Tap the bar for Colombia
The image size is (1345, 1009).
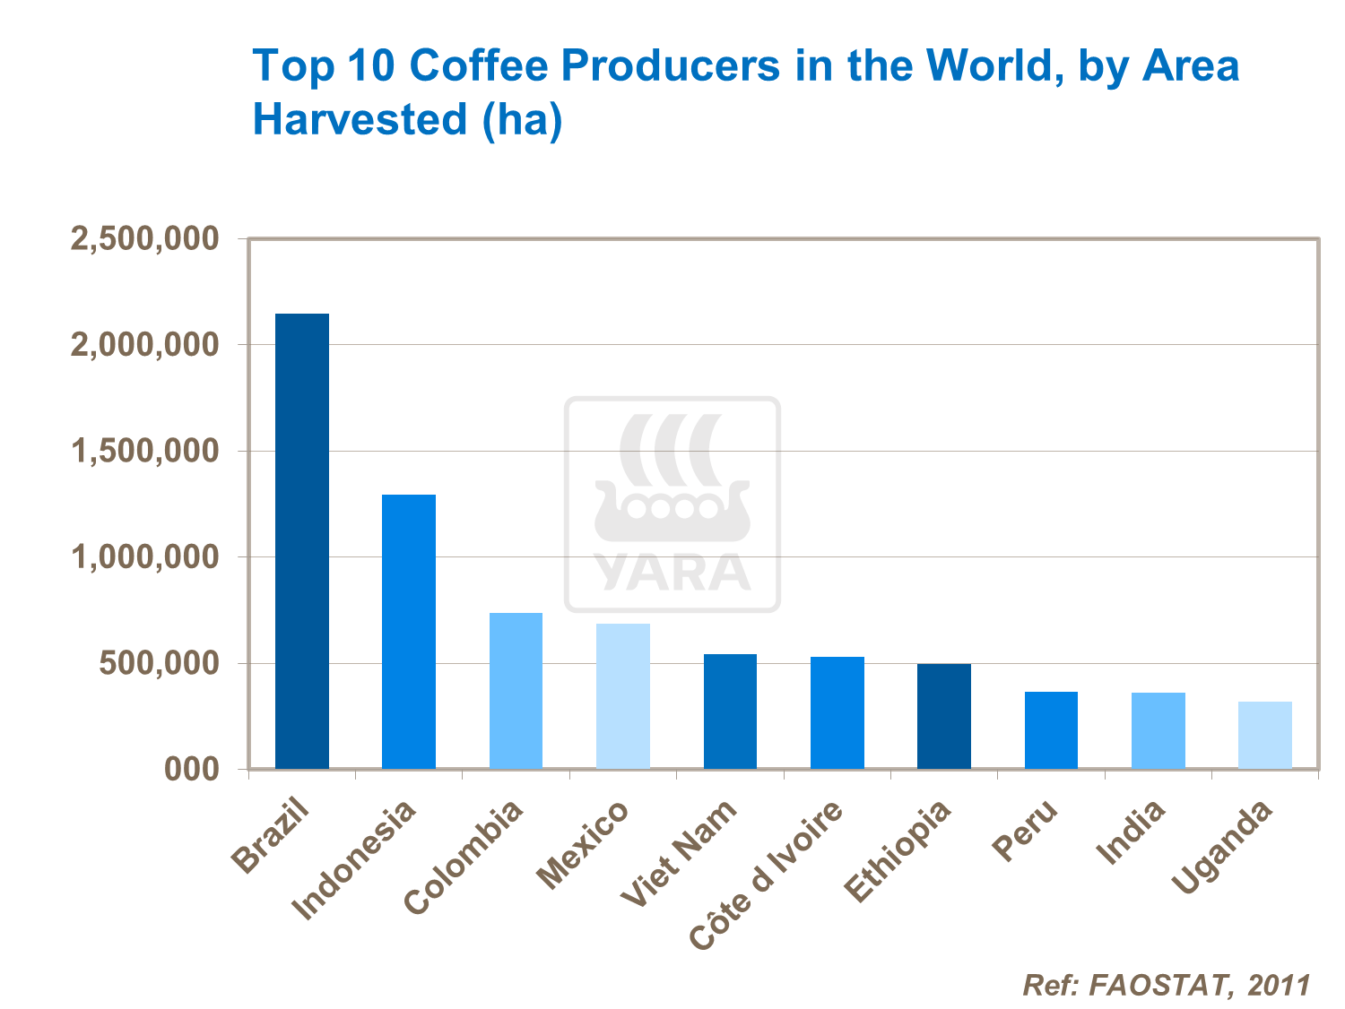[516, 690]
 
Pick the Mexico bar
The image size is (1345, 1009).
[623, 695]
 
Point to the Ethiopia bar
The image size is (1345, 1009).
[944, 716]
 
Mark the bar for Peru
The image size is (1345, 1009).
[1051, 729]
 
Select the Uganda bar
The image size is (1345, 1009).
[1265, 735]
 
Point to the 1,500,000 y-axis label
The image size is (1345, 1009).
[144, 451]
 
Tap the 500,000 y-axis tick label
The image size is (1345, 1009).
[159, 663]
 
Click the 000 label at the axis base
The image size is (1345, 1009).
[192, 769]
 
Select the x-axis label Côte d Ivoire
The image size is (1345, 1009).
[768, 874]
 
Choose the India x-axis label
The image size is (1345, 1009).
[1132, 833]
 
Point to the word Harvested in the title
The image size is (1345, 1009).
[360, 119]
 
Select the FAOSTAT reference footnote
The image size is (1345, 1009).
[1166, 985]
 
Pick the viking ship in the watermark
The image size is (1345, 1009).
[672, 511]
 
